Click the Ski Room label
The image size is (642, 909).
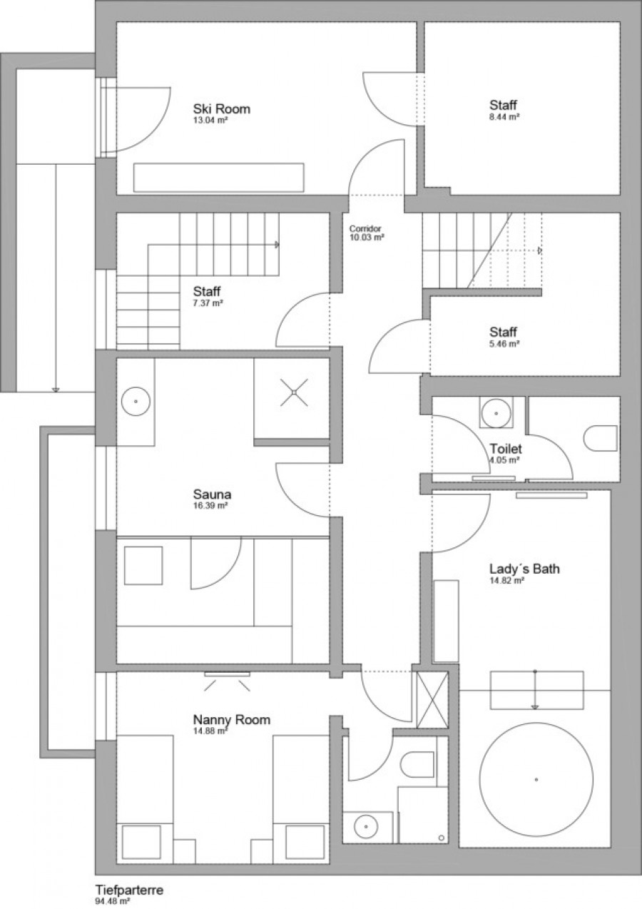222,108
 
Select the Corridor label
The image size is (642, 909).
365,228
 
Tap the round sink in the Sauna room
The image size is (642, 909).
136,401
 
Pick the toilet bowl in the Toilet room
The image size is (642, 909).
601,439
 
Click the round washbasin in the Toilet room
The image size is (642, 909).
496,413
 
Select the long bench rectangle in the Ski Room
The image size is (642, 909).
219,178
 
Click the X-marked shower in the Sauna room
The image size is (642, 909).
294,392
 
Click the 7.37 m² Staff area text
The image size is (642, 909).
208,303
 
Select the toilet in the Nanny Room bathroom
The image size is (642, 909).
417,765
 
